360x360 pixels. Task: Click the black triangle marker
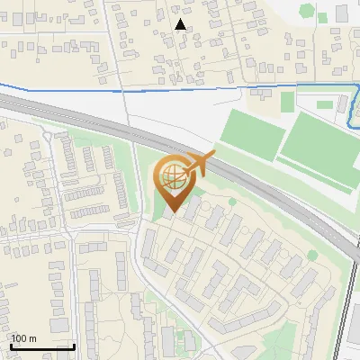(181, 24)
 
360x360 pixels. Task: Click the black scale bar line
(41, 346)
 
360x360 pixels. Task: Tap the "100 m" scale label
(23, 338)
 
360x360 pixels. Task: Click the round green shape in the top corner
(307, 9)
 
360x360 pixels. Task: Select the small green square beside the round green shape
(321, 15)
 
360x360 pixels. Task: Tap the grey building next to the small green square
(340, 13)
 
